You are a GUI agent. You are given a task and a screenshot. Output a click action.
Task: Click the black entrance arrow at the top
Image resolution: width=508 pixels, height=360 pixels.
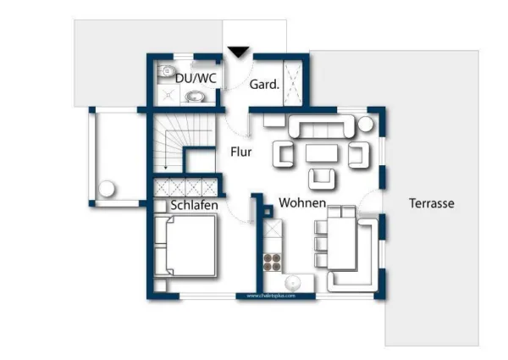[239, 53]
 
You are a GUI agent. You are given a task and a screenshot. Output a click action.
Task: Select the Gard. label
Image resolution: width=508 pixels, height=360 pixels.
[263, 85]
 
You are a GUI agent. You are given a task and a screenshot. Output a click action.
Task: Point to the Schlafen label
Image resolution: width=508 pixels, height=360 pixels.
[195, 205]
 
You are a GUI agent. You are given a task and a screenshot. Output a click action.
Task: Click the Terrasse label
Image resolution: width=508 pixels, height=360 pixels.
[431, 204]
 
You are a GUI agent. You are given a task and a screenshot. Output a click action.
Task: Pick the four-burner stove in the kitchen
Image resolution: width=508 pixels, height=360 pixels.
[273, 260]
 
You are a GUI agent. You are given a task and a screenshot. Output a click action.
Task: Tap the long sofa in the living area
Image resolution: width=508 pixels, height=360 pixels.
[322, 128]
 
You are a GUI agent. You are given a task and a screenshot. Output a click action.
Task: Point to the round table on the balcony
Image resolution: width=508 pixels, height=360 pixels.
[108, 188]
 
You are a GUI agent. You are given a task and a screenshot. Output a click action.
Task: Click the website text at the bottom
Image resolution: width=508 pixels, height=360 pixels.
[271, 296]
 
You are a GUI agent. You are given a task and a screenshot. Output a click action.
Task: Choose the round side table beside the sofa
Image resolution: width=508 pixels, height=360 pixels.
[365, 124]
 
